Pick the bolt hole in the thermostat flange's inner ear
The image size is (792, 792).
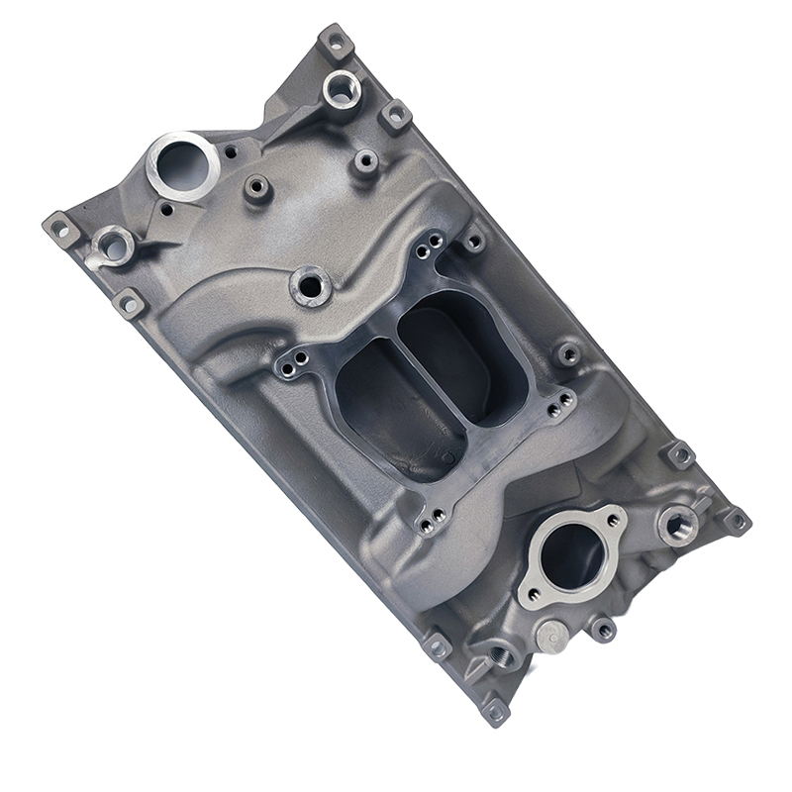coord(534,596)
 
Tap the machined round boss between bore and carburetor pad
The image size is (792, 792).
coord(311,285)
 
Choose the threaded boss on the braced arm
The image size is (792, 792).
coord(341,89)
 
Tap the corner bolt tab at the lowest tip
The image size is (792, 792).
coord(495,710)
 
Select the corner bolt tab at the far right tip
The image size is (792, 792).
coord(735,519)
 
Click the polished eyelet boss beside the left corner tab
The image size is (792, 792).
coord(112,242)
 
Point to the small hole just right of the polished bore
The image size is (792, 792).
coord(230,153)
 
